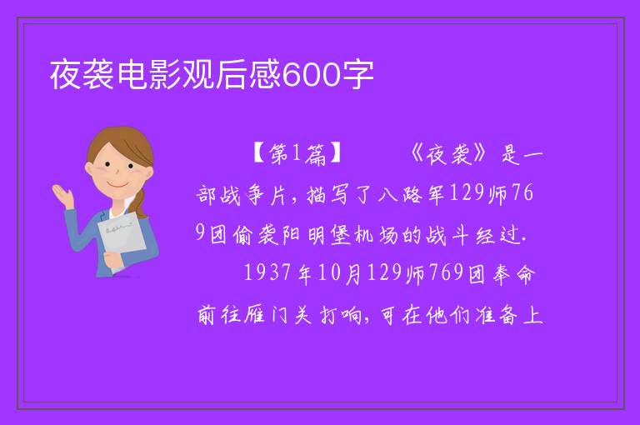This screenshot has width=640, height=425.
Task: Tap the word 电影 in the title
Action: [149, 75]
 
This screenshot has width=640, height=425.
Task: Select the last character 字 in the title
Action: [357, 75]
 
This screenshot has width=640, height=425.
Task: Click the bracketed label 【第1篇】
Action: [297, 154]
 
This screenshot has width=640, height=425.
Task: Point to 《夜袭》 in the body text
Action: [449, 154]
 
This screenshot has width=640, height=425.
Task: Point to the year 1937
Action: [267, 272]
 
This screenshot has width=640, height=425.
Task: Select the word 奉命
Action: [513, 274]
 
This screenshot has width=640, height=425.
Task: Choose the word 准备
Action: [497, 315]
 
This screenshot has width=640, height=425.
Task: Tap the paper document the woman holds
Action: [122, 236]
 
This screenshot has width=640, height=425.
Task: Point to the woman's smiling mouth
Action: [117, 184]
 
